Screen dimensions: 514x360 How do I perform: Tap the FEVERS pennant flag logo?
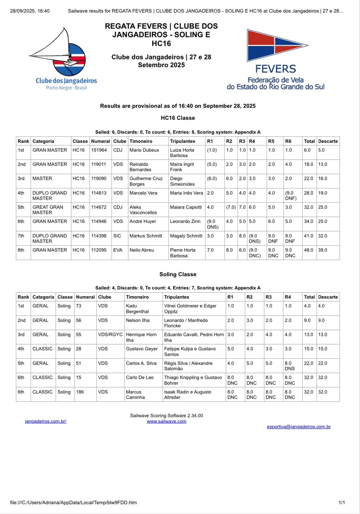276,45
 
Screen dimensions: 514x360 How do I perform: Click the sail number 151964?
99,150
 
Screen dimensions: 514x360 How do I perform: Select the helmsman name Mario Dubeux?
144,150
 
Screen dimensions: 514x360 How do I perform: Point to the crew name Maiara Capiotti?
186,207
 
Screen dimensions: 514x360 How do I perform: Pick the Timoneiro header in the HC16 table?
141,141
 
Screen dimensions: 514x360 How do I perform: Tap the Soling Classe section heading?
178,274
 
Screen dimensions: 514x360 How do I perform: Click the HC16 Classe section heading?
178,118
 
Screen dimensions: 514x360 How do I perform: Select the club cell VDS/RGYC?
110,334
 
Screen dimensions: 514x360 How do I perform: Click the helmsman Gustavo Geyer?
142,349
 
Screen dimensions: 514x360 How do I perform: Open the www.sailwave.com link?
166,421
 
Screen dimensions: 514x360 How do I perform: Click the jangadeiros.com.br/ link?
46,421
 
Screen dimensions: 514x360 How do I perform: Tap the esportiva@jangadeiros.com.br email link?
299,427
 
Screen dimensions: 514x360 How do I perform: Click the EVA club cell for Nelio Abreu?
117,250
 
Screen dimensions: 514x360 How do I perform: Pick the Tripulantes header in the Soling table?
176,297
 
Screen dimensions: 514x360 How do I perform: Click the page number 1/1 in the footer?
341,502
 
